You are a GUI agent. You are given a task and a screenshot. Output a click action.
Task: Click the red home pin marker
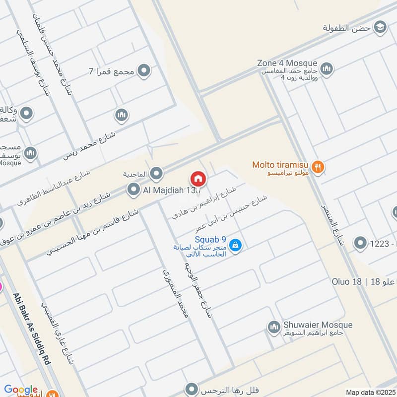(x=198, y=178)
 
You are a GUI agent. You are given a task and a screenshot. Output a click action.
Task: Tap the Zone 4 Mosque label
(x=287, y=63)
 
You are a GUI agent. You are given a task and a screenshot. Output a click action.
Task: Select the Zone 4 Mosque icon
(x=326, y=69)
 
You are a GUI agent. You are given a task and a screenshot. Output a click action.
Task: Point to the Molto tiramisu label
(x=281, y=164)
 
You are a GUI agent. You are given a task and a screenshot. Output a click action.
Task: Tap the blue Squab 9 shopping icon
(x=236, y=245)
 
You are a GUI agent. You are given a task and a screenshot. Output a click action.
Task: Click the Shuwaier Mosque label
(x=318, y=325)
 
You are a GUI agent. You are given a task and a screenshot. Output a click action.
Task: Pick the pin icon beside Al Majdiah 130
(x=133, y=189)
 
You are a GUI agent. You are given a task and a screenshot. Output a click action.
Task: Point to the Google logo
(x=21, y=390)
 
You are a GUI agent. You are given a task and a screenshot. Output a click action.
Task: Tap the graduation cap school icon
(x=381, y=26)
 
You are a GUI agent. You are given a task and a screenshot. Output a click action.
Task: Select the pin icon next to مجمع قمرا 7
(x=144, y=71)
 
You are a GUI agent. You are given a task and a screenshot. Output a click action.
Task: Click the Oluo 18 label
(x=350, y=282)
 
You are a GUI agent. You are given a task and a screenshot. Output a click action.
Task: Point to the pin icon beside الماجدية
(x=157, y=173)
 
